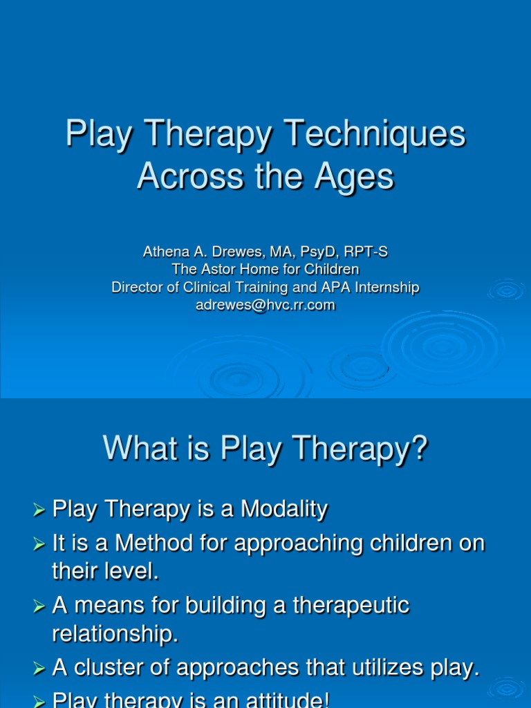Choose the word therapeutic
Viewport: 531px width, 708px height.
[x=351, y=606]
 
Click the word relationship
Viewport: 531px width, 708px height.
[x=115, y=634]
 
